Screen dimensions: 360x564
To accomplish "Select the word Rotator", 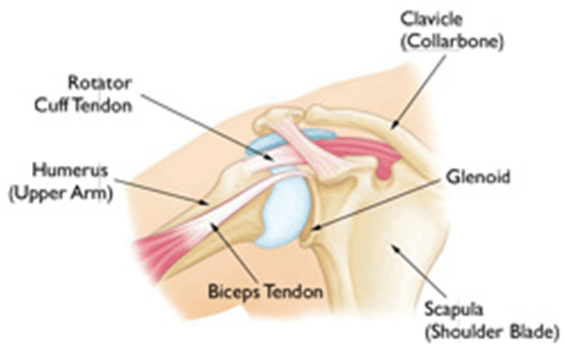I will (x=99, y=81).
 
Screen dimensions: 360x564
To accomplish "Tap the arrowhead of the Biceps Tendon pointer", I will (x=211, y=224).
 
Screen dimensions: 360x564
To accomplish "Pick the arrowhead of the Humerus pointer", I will (x=210, y=202).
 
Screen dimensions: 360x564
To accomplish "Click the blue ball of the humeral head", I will (x=281, y=213).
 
